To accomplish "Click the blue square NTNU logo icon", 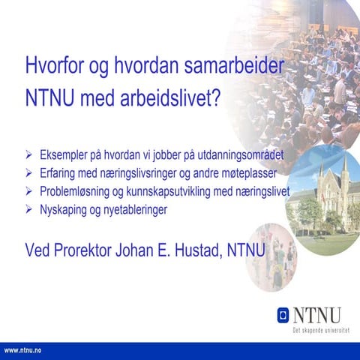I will (x=283, y=314).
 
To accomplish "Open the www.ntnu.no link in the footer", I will (x=22, y=350).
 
